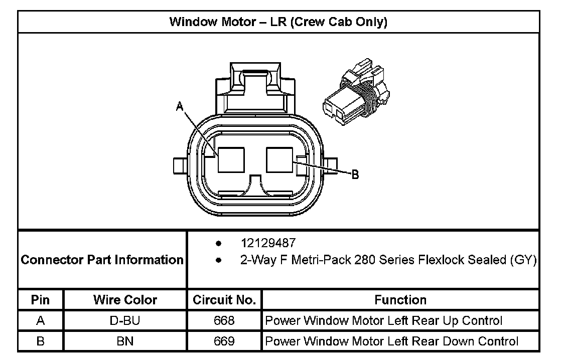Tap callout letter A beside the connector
[x=179, y=106]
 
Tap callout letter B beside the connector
[x=354, y=174]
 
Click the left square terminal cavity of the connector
[x=231, y=160]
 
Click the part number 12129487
[x=268, y=243]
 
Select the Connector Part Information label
[x=102, y=260]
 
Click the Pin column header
[x=40, y=300]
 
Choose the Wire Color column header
[x=125, y=300]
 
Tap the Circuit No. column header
[x=224, y=300]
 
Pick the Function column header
[x=400, y=300]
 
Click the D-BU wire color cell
[x=125, y=320]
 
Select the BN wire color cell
[x=125, y=341]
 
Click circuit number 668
[x=224, y=320]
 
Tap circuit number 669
[x=224, y=341]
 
